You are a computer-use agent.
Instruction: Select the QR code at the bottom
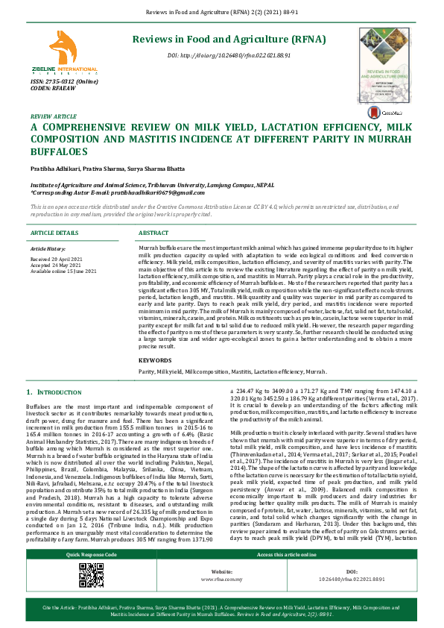pyautogui.click(x=91, y=576)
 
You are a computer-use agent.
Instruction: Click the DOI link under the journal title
pyautogui.click(x=229, y=55)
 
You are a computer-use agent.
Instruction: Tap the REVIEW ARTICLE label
pyautogui.click(x=53, y=117)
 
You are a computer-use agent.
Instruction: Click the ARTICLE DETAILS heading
pyautogui.click(x=54, y=233)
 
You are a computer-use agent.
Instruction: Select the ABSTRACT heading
pyautogui.click(x=154, y=233)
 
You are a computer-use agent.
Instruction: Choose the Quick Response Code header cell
pyautogui.click(x=91, y=556)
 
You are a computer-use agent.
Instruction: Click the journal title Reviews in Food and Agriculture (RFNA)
pyautogui.click(x=228, y=39)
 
